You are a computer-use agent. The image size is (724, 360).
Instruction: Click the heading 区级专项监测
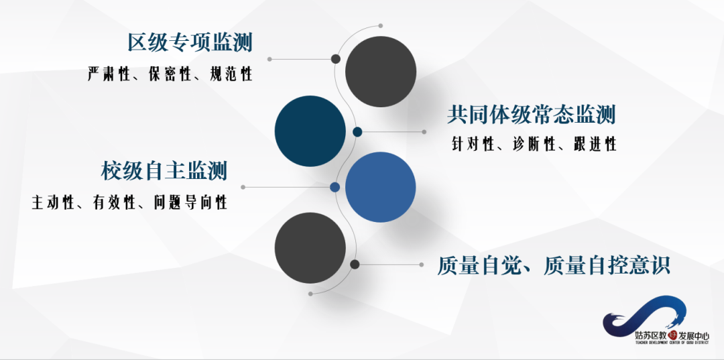[x=190, y=43]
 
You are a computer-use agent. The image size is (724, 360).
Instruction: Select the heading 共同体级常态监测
[x=532, y=115]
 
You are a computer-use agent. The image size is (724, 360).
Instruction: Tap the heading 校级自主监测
[x=165, y=171]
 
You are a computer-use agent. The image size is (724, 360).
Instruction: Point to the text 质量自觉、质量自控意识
[x=554, y=265]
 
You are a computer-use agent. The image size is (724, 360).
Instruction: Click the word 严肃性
[x=108, y=74]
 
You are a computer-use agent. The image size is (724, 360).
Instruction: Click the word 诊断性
[x=534, y=144]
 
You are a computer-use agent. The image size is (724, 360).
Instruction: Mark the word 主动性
[x=52, y=202]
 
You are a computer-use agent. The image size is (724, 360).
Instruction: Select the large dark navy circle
[x=310, y=131]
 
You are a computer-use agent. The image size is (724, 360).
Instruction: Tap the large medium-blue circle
[x=380, y=187]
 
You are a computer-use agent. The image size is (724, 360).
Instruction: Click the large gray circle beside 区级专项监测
[x=380, y=72]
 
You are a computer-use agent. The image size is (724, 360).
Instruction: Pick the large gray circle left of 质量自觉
[x=310, y=247]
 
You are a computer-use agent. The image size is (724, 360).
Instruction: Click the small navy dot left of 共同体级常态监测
[x=357, y=132]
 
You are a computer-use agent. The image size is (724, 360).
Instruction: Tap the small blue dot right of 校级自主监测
[x=335, y=187]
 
